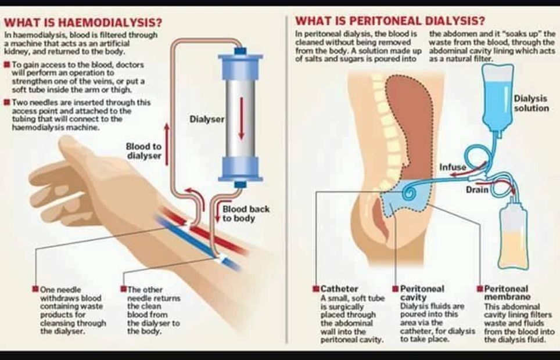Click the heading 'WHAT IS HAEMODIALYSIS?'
pos(83,23)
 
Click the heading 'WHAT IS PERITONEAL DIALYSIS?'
pos(390,21)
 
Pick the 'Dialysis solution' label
pos(531,103)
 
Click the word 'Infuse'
pos(453,168)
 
